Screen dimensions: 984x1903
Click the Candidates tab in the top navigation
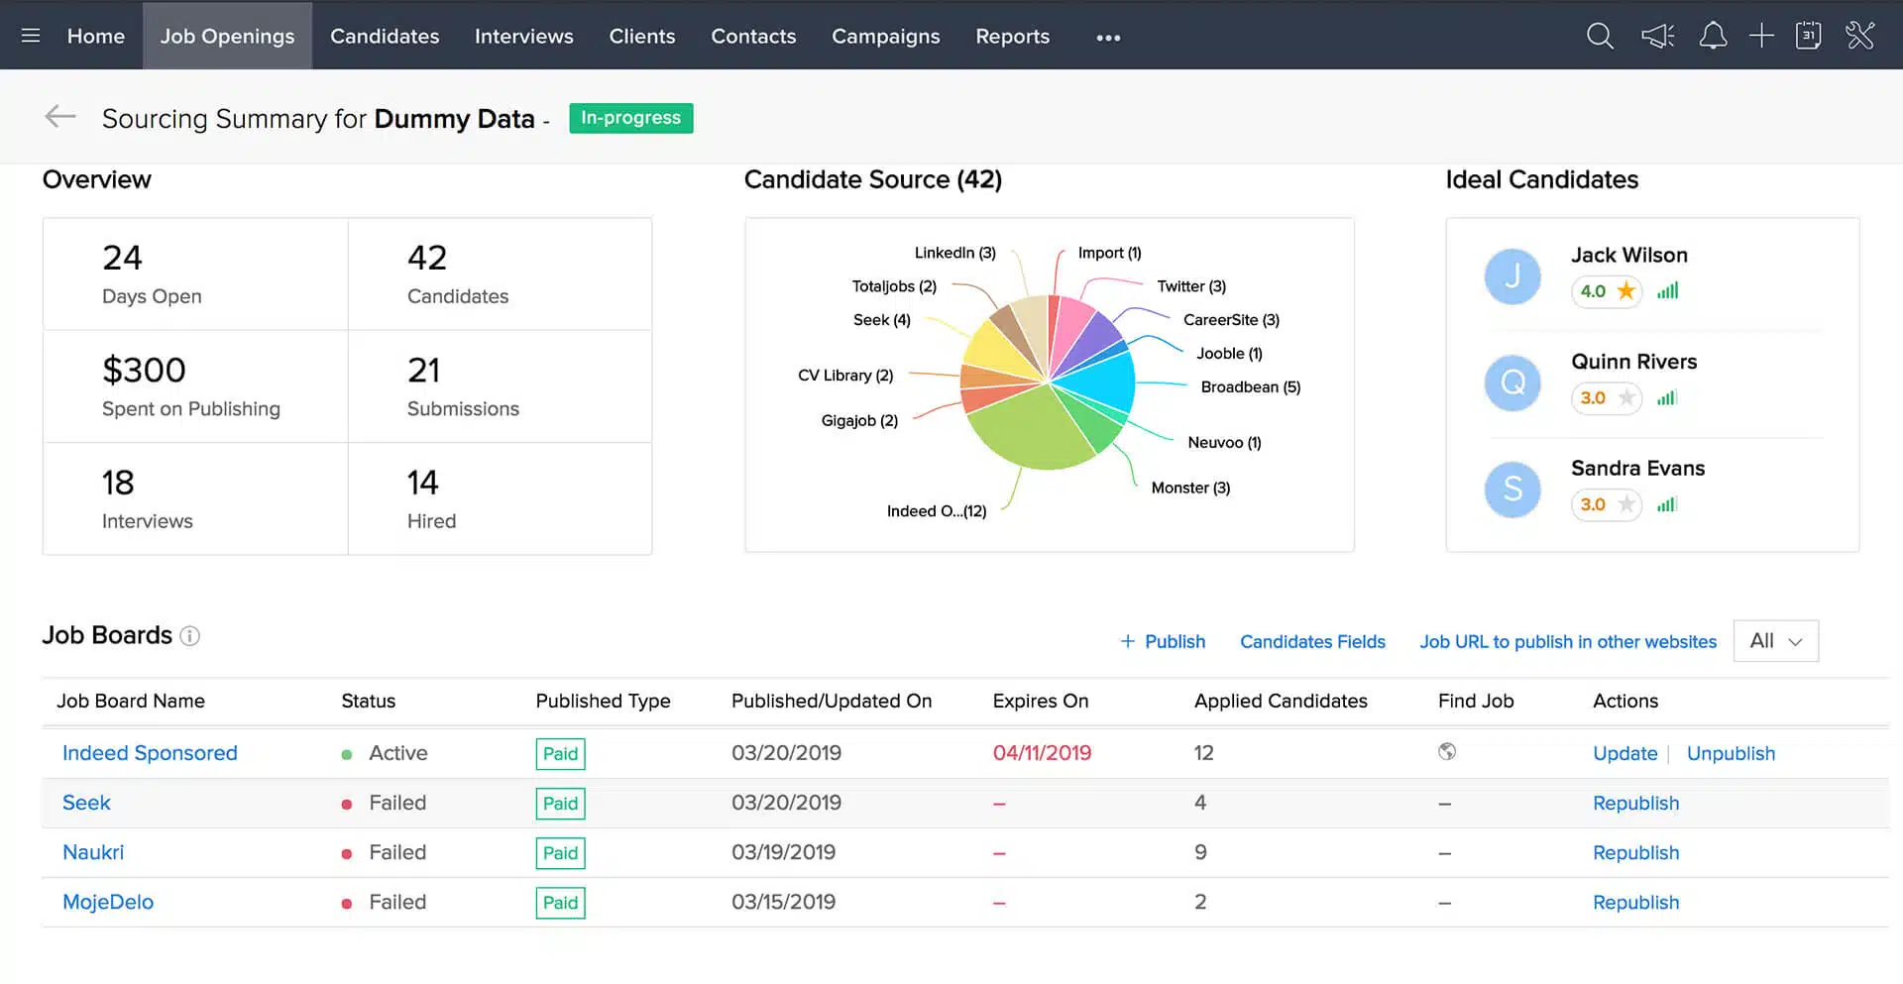pyautogui.click(x=385, y=37)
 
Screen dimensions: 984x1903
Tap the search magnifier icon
pyautogui.click(x=1600, y=37)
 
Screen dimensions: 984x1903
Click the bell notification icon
pyautogui.click(x=1713, y=37)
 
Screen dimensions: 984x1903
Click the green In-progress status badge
pyautogui.click(x=630, y=118)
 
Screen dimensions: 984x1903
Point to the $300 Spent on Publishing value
pyautogui.click(x=145, y=371)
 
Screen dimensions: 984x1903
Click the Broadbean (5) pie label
pyautogui.click(x=1250, y=387)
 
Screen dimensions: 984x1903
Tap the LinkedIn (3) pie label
pyautogui.click(x=954, y=253)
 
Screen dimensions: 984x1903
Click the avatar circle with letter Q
pyautogui.click(x=1512, y=383)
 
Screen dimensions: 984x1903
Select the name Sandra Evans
pyautogui.click(x=1637, y=469)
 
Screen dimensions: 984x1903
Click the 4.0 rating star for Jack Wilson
pyautogui.click(x=1625, y=291)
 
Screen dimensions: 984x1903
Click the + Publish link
pyautogui.click(x=1163, y=642)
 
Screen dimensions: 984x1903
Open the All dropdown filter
pyautogui.click(x=1775, y=641)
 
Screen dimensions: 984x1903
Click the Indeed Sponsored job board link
pyautogui.click(x=150, y=753)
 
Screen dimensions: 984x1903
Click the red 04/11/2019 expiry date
pyautogui.click(x=1042, y=753)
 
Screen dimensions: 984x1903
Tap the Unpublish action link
pyautogui.click(x=1731, y=754)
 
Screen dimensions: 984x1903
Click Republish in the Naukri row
pyautogui.click(x=1635, y=853)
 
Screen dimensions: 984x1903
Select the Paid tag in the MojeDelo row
pyautogui.click(x=560, y=903)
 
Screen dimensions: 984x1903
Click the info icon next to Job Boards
pyautogui.click(x=189, y=636)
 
